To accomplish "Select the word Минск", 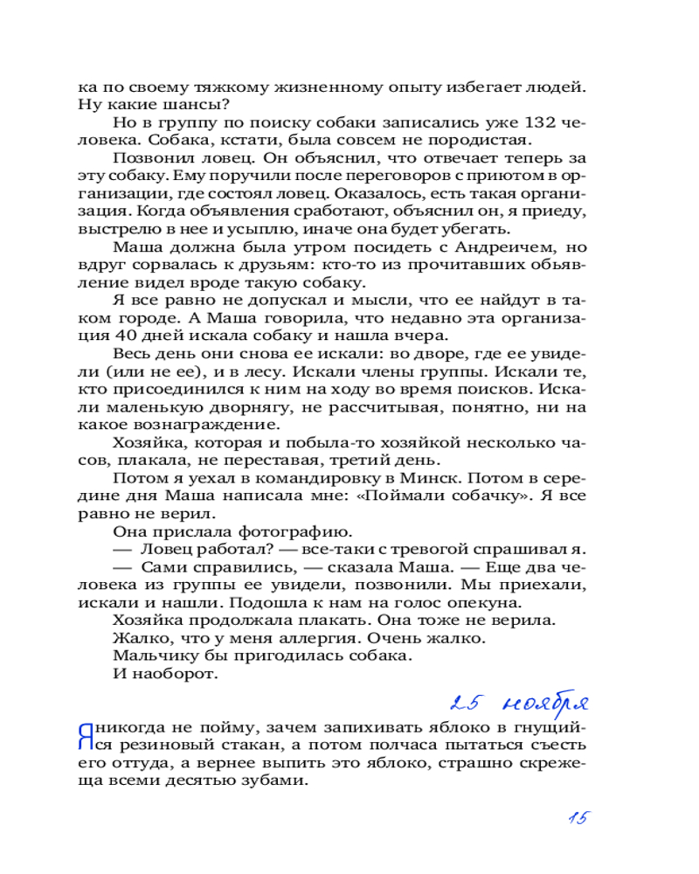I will pos(423,480).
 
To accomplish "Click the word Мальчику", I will pos(158,656).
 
